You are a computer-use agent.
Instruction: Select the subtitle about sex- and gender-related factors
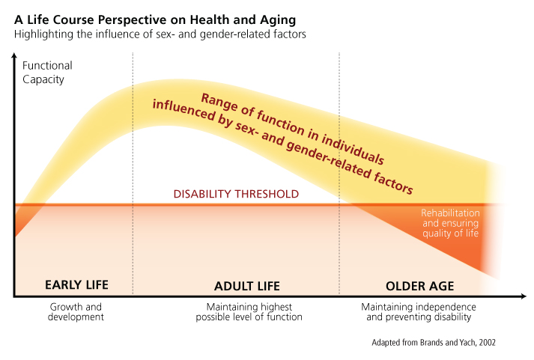point(159,34)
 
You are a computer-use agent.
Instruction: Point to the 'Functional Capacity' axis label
point(43,73)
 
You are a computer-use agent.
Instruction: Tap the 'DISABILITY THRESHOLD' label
point(236,194)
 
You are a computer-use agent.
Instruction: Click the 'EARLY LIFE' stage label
point(76,284)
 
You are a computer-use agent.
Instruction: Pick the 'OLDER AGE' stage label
point(419,285)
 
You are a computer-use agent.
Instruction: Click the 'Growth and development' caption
point(76,311)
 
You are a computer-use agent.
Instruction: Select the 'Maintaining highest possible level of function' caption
point(249,311)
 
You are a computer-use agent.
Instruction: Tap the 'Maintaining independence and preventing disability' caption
point(419,311)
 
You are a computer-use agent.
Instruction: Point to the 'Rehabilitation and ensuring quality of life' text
point(449,222)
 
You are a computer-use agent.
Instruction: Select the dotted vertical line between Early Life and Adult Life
point(133,172)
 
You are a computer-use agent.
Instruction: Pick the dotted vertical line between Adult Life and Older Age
point(339,172)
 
